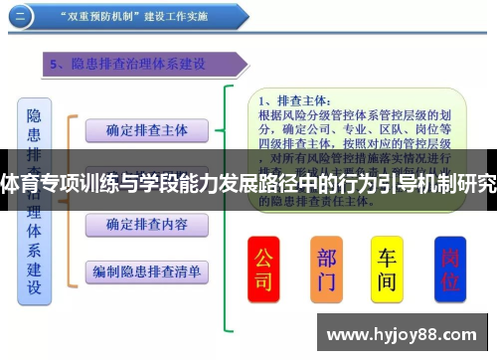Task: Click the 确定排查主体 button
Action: point(146,129)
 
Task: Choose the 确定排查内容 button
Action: point(146,225)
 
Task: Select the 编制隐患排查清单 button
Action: point(146,270)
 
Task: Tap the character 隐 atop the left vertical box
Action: point(34,116)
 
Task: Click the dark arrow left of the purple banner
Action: point(30,66)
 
